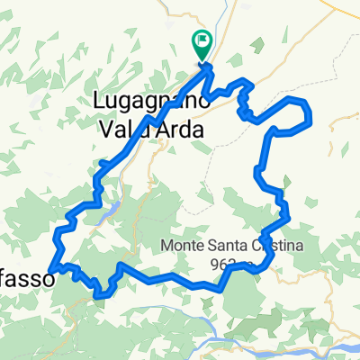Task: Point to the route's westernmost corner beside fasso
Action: click(53, 267)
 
